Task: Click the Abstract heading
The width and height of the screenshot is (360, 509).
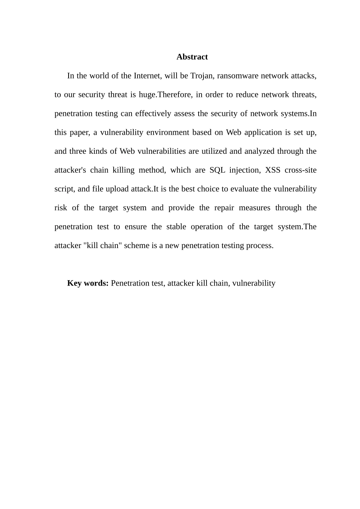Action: (x=192, y=57)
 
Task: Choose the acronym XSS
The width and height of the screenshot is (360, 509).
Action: (x=273, y=170)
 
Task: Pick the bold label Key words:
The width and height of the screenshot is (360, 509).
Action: (x=88, y=283)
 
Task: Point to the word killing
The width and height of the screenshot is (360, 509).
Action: (x=123, y=170)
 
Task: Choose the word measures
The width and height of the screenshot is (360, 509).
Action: (x=255, y=208)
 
